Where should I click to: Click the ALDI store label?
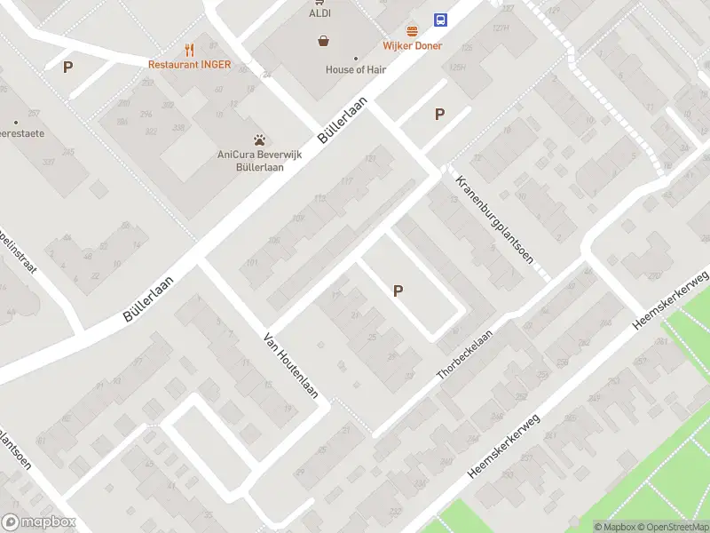(x=319, y=13)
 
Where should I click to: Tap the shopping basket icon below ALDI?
(x=324, y=40)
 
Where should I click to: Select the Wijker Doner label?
(x=412, y=45)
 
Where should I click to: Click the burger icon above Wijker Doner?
(x=412, y=30)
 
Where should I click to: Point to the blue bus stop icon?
(x=440, y=20)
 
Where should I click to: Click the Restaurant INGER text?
(x=189, y=64)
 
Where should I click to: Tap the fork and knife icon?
(x=189, y=50)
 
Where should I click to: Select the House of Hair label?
(x=356, y=69)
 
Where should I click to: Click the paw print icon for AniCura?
(x=259, y=139)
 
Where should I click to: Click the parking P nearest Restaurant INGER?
(x=67, y=67)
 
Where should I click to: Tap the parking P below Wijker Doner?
(x=438, y=114)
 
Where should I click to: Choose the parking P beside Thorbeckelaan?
(x=398, y=290)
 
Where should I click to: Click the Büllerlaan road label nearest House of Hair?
(x=341, y=122)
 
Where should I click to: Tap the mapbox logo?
(x=39, y=522)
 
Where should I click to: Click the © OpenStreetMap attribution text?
(x=671, y=527)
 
